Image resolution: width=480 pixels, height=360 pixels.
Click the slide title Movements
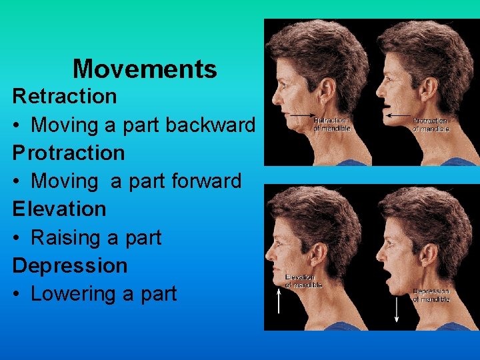click(x=145, y=69)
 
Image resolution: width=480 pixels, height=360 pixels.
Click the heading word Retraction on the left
click(x=65, y=96)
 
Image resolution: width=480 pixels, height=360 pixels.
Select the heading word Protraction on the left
click(x=69, y=153)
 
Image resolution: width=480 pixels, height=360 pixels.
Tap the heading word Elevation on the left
click(x=59, y=209)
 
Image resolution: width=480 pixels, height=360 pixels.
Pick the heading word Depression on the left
click(x=70, y=265)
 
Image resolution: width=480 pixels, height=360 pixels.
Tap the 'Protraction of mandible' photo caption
click(x=431, y=124)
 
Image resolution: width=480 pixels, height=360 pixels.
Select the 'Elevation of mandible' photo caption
click(x=303, y=281)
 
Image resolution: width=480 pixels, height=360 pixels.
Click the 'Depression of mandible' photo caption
click(x=431, y=295)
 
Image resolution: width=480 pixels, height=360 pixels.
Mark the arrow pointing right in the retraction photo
click(x=304, y=115)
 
